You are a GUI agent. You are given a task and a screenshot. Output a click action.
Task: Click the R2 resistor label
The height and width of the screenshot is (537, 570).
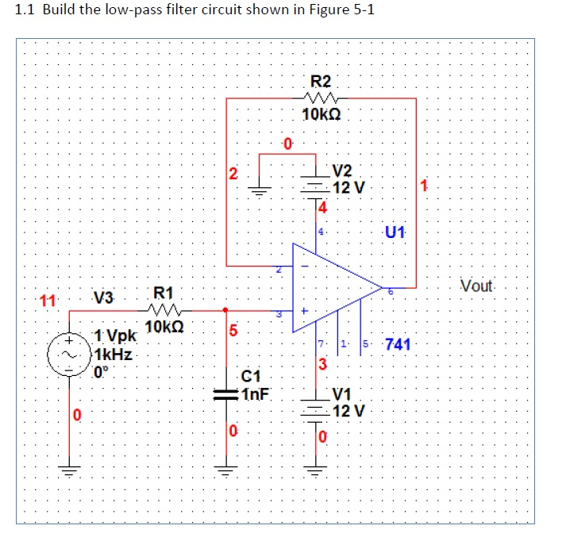(322, 80)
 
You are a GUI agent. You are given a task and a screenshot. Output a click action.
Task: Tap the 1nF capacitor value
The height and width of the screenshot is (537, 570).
(255, 391)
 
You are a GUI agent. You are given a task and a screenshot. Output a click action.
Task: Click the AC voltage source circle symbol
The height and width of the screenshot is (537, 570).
(67, 355)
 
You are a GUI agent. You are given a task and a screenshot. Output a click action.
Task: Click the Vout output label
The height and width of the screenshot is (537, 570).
(476, 286)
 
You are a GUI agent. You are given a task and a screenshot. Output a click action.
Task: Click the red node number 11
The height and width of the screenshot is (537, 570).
(48, 301)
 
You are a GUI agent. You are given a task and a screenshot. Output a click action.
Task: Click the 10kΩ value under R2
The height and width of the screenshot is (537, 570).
(322, 114)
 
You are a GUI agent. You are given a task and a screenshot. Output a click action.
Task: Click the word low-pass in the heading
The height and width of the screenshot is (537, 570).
(138, 10)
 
